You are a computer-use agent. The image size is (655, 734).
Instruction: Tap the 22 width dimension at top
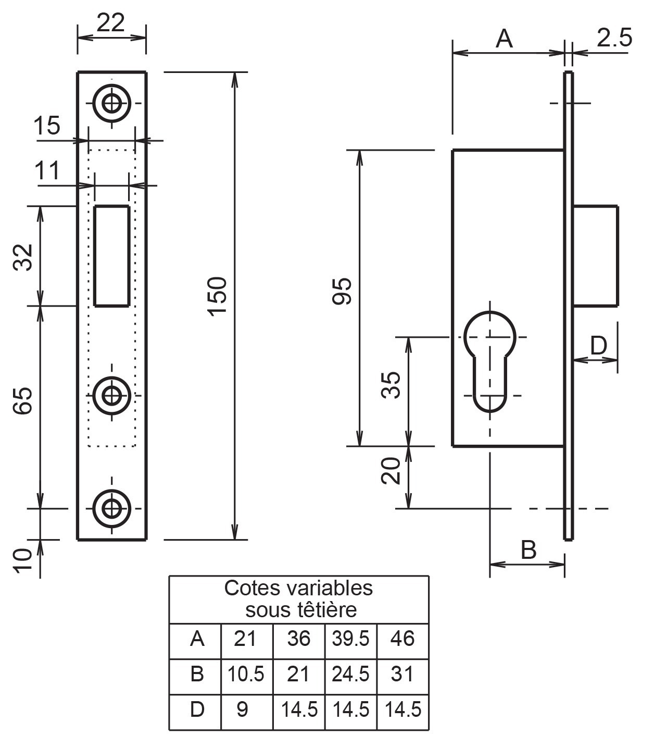(111, 22)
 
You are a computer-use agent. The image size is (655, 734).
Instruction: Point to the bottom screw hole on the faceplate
(111, 508)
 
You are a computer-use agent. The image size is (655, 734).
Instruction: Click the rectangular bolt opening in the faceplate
(111, 255)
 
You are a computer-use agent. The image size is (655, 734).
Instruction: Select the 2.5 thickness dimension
(614, 38)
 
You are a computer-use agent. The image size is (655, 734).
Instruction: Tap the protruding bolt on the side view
(596, 255)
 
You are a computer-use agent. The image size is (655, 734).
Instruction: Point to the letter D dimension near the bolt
(598, 346)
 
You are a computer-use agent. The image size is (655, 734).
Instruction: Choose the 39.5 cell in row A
(350, 639)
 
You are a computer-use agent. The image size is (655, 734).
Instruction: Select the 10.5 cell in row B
(246, 675)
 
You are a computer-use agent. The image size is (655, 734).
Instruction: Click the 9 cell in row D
(243, 709)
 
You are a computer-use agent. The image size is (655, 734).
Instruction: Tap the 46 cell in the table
(402, 639)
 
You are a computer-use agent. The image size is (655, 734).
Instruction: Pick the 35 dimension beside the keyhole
(392, 385)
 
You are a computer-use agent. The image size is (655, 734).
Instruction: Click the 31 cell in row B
(402, 675)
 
